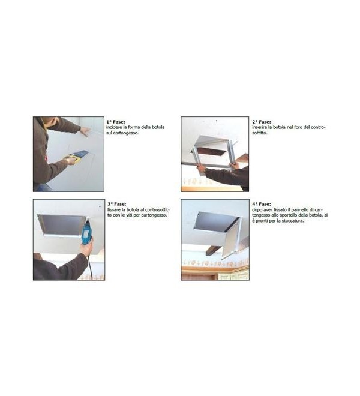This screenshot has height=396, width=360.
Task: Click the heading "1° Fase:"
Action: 115,122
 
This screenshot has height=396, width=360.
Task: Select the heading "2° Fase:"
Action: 262,122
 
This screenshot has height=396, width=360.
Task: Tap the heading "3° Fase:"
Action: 117,204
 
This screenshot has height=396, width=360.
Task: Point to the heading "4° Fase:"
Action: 262,204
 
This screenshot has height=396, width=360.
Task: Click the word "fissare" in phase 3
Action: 113,209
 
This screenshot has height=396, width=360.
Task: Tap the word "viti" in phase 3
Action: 137,215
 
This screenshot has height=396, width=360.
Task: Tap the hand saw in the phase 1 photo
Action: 76,156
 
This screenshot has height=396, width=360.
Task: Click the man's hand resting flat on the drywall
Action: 85,131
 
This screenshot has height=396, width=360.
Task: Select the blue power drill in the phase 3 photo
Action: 86,232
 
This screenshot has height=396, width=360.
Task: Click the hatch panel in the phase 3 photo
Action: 62,224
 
